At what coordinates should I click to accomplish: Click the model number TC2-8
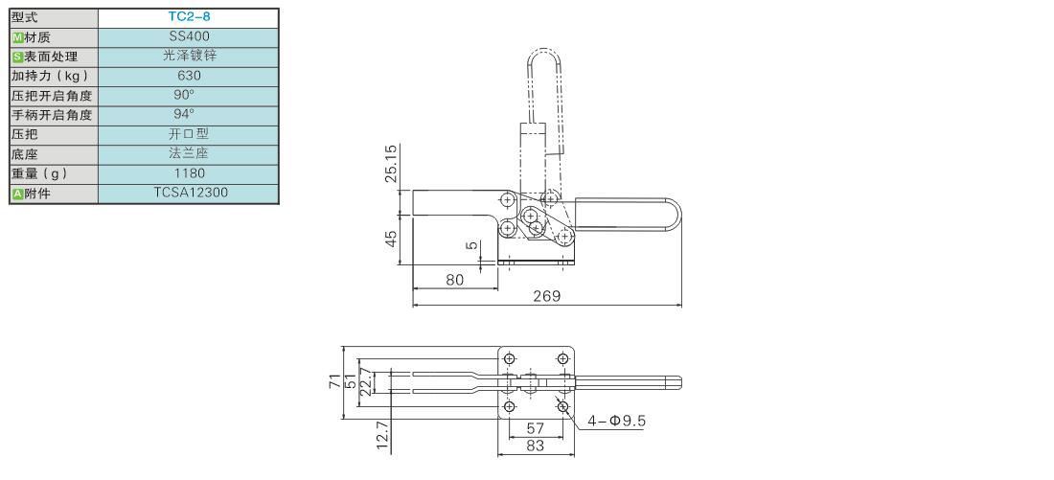[189, 18]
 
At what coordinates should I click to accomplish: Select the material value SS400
[189, 37]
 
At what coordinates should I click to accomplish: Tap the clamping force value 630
[189, 76]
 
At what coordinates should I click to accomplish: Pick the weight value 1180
[189, 172]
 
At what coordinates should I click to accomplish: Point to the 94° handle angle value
[184, 114]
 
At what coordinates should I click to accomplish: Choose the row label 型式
[25, 18]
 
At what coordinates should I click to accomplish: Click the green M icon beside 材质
[17, 37]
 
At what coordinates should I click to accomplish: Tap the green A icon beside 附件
[17, 194]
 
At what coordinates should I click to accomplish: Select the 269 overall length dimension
[546, 296]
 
